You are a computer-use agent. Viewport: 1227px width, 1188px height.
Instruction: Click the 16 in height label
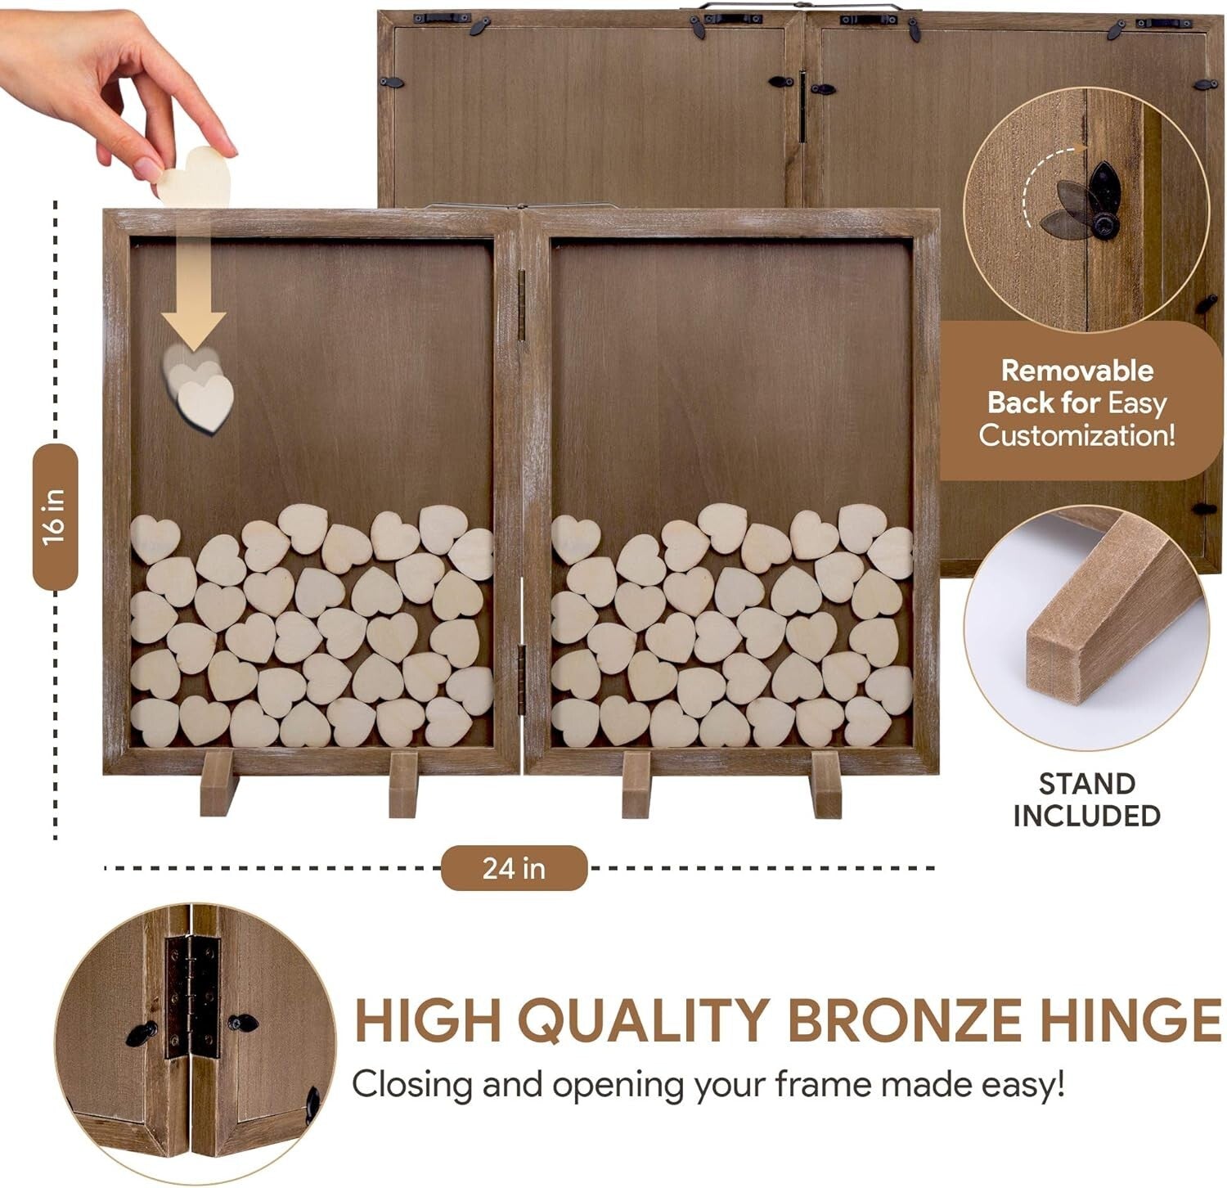[55, 516]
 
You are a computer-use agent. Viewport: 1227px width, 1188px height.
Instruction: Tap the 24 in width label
[514, 868]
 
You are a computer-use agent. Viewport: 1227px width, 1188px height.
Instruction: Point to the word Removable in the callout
[1076, 371]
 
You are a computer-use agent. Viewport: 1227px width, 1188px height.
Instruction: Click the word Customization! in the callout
[1076, 434]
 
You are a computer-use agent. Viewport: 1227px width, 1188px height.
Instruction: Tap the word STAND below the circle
[1087, 784]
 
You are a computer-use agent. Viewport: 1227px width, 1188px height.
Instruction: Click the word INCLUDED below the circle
[1087, 816]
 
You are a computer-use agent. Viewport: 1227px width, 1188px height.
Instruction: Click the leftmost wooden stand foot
[218, 783]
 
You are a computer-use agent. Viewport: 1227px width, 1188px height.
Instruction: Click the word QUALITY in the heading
[646, 1020]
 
